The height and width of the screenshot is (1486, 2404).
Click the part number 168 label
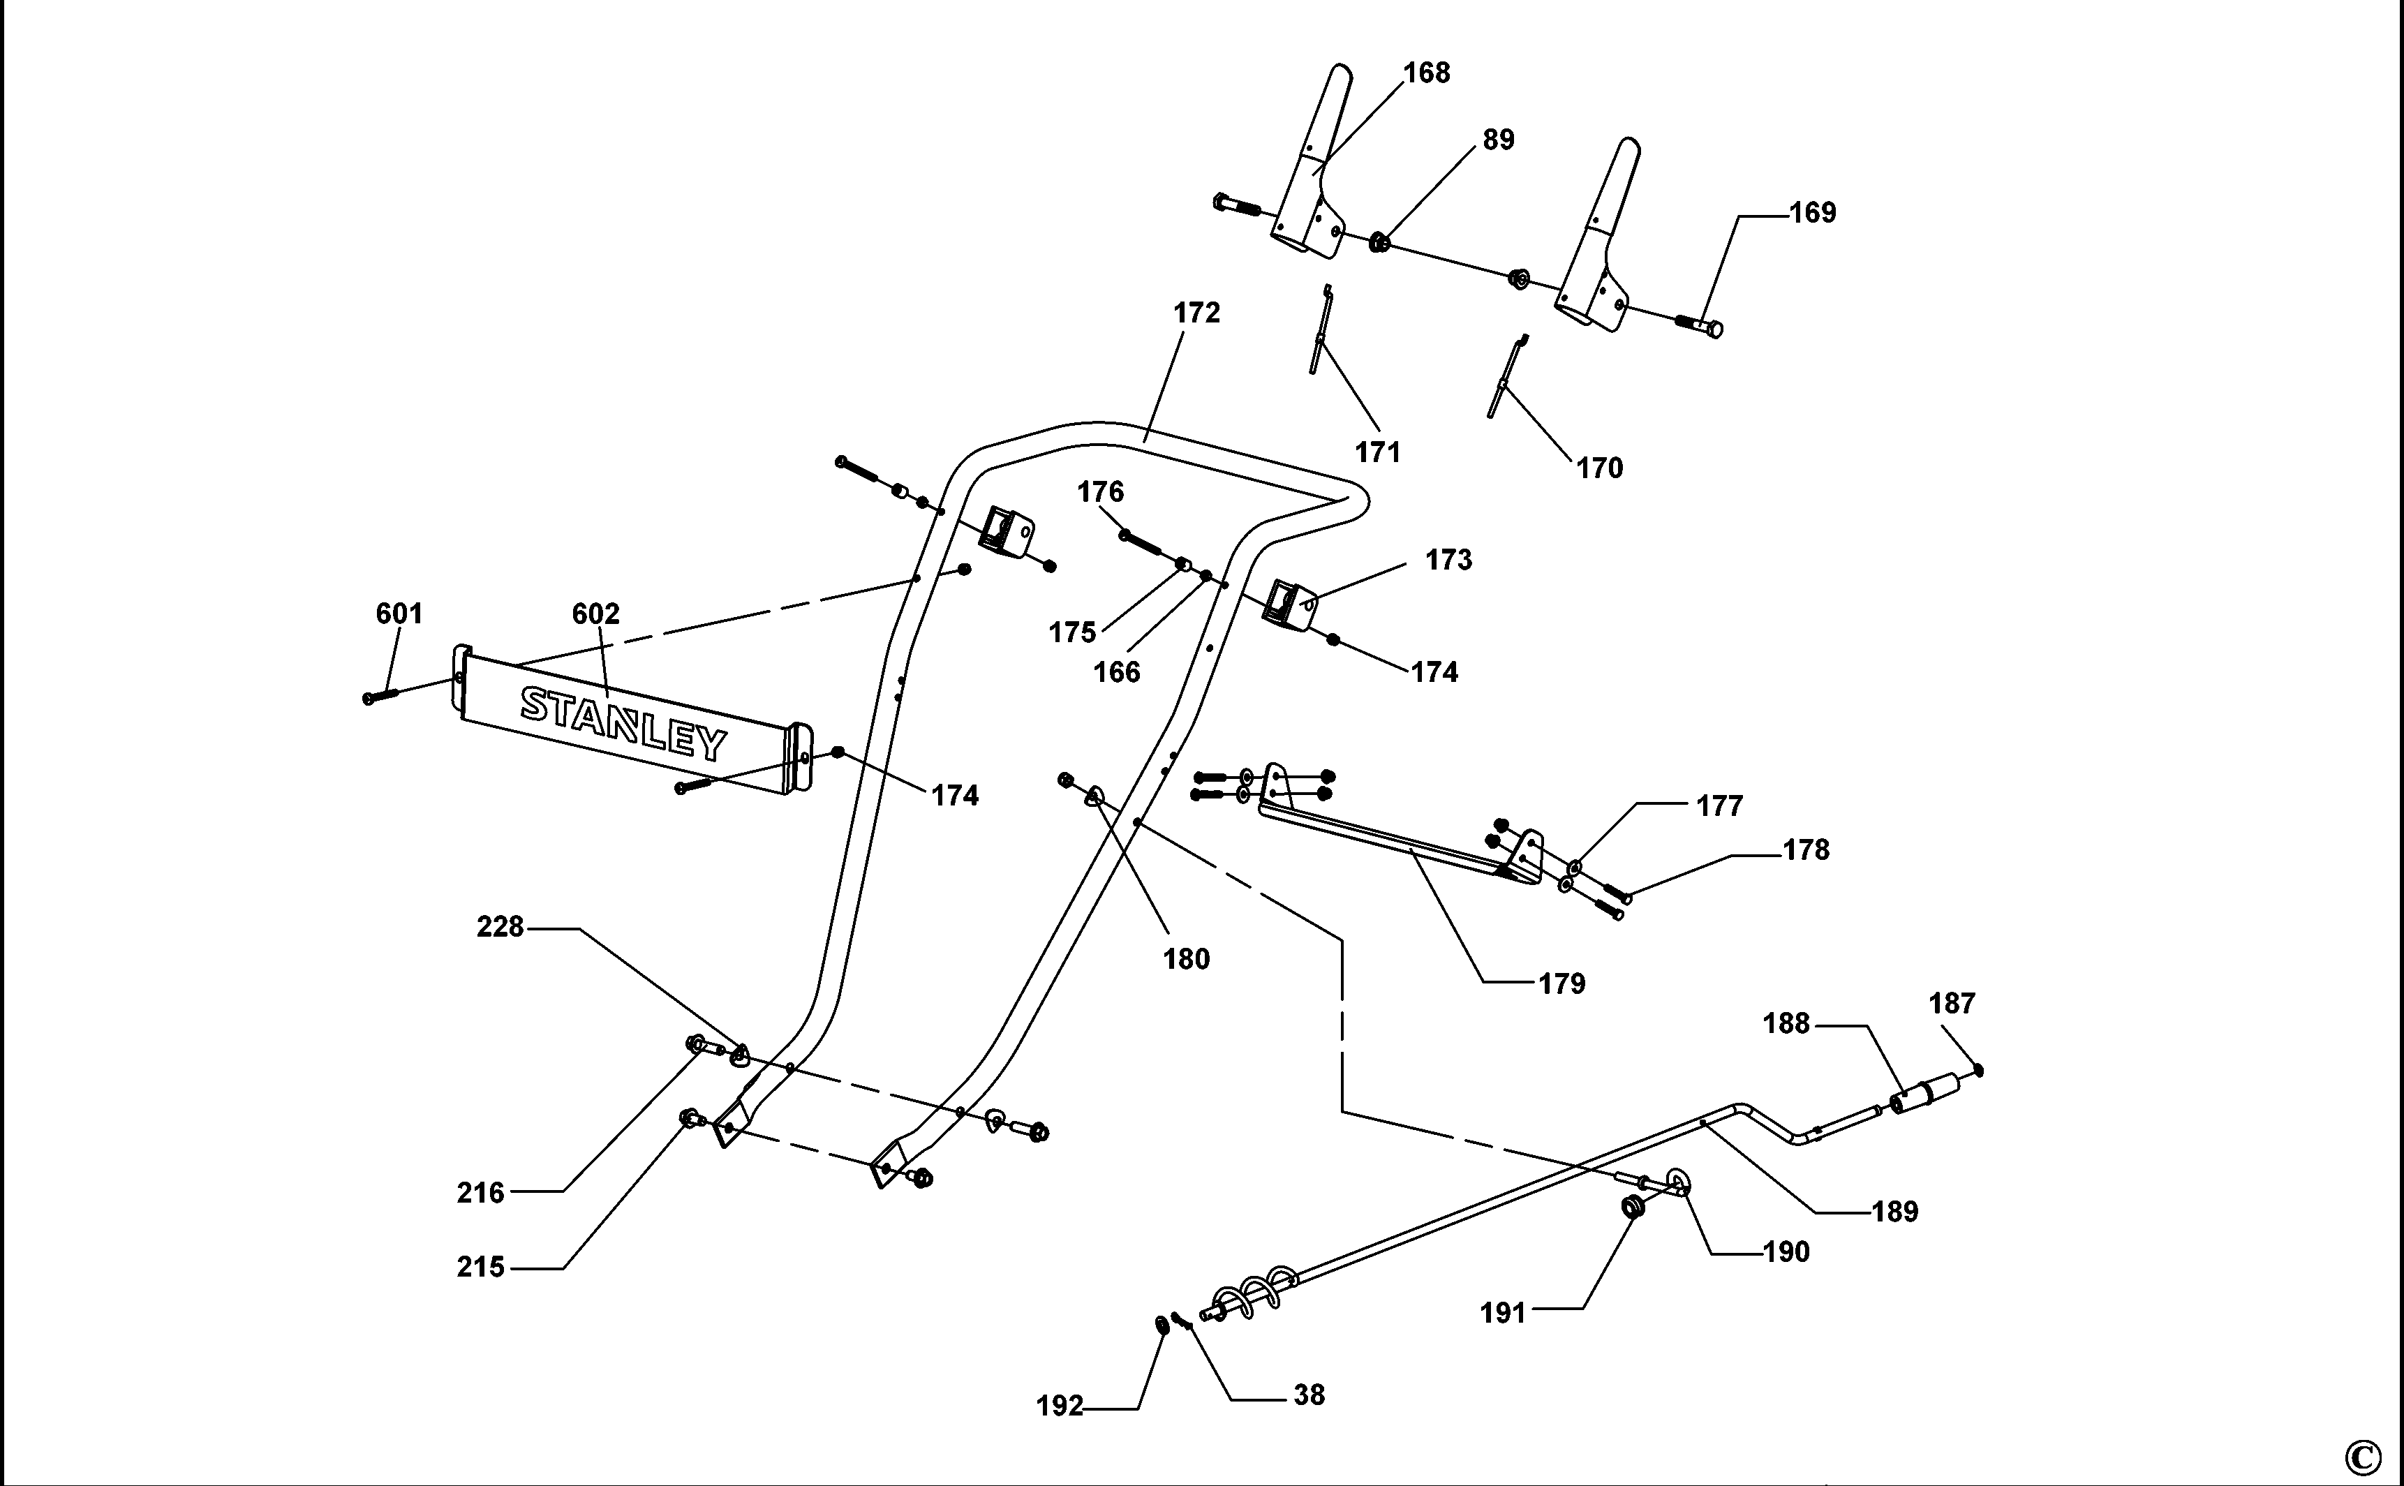point(1426,73)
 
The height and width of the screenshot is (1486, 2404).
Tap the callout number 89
point(1498,140)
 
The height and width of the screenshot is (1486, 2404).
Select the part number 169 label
point(1812,212)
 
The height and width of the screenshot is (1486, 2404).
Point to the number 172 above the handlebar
point(1196,313)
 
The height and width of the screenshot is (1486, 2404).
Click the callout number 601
point(399,614)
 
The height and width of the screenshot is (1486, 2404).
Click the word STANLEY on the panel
point(624,723)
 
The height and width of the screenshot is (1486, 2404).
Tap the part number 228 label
point(500,927)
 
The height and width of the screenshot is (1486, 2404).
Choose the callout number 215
point(481,1268)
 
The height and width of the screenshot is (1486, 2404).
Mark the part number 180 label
point(1186,959)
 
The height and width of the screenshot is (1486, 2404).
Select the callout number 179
point(1561,983)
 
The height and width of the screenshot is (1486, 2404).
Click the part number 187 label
point(1952,1004)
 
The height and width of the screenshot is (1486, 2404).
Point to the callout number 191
point(1503,1313)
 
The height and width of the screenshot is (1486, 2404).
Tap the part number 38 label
point(1309,1395)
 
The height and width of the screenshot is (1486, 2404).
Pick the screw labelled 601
point(380,695)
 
